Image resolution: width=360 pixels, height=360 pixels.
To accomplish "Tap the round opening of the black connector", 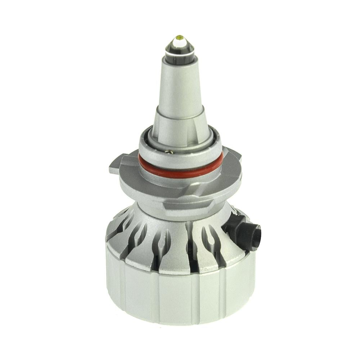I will [254, 234].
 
